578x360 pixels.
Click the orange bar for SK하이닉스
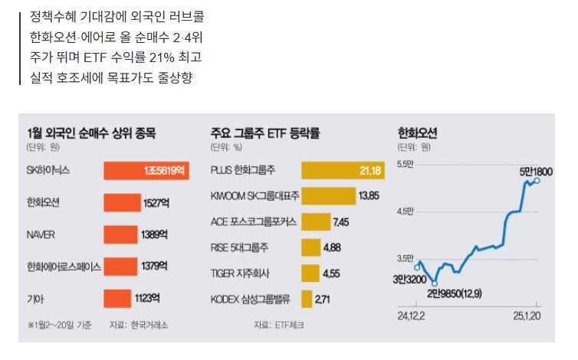tap(146, 171)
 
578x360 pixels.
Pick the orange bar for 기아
tap(118, 298)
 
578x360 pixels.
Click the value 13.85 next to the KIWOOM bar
tap(369, 196)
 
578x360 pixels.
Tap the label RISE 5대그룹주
tap(238, 247)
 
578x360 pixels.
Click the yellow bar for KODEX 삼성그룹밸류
tap(307, 299)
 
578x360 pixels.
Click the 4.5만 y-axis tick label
tap(405, 211)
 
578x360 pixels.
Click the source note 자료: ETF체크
tap(278, 325)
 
